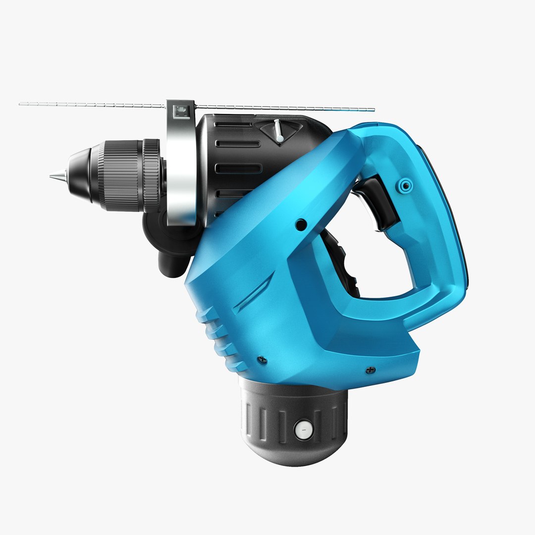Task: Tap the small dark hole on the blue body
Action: [x=300, y=224]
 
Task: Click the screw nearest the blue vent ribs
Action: [x=262, y=360]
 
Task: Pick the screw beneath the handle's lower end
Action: [x=370, y=370]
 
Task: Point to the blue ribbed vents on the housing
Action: [x=218, y=337]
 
